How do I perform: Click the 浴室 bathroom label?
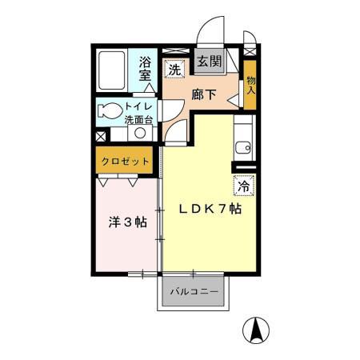(x=145, y=69)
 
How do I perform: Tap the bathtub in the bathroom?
(x=112, y=70)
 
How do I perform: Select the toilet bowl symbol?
(x=110, y=110)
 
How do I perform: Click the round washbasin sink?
(x=140, y=133)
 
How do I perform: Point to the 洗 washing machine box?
(x=174, y=69)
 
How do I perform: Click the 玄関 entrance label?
(x=210, y=62)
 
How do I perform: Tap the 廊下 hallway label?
(x=204, y=94)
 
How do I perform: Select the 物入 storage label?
(x=250, y=86)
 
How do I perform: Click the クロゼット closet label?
(x=125, y=162)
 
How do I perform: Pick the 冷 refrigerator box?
(x=244, y=186)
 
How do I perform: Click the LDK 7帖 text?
(x=210, y=209)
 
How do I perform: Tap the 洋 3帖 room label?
(x=128, y=222)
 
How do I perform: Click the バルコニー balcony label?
(x=194, y=291)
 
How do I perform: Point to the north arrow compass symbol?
(x=256, y=330)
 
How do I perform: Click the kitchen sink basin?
(x=243, y=148)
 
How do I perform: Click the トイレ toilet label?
(x=138, y=106)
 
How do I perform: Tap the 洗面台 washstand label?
(x=138, y=120)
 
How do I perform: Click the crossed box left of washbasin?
(x=101, y=137)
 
